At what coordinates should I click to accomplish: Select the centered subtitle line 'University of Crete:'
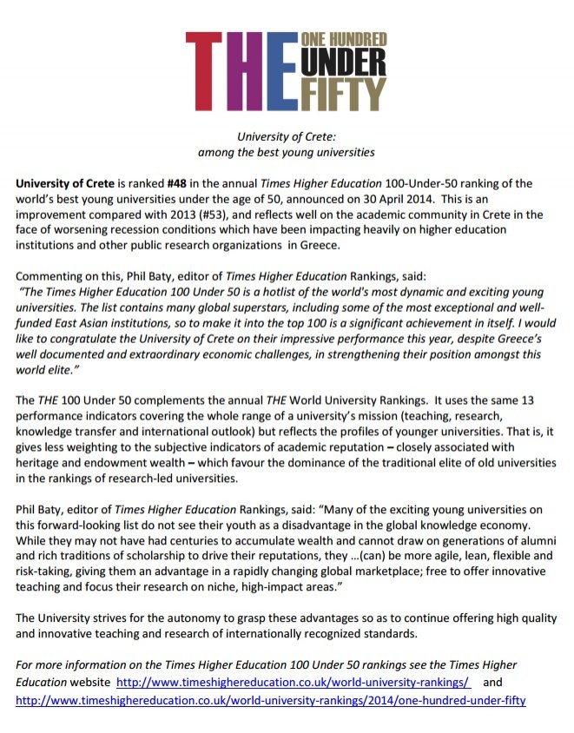[286, 136]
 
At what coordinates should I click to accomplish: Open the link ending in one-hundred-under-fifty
[271, 699]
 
